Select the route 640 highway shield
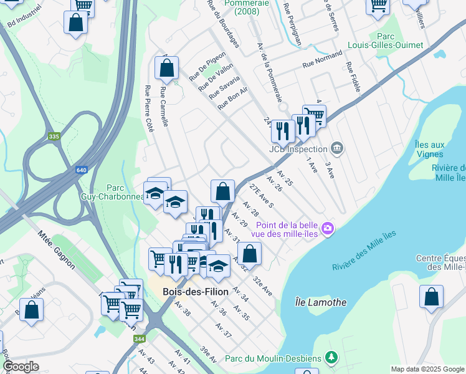tap(82, 170)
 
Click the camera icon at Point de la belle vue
tap(327, 229)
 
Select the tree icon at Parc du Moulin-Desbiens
tap(332, 357)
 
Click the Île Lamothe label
tap(320, 302)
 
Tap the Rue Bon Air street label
tap(233, 98)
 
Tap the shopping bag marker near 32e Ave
tap(249, 253)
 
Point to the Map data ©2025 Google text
tap(427, 369)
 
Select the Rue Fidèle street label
tap(353, 77)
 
